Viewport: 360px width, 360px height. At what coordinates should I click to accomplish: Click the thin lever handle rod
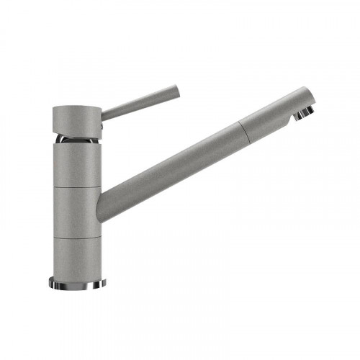pos(140,102)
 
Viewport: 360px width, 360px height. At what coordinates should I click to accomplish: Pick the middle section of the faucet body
pos(76,210)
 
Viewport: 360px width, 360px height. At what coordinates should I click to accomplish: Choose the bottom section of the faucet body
pos(76,256)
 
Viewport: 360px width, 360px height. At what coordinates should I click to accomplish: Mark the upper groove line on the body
pos(76,186)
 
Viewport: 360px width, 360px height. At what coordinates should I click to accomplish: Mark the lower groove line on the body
pos(76,236)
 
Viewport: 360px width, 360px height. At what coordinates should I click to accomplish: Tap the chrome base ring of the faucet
pos(76,282)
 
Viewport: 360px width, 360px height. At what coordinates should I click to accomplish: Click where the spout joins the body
pos(105,204)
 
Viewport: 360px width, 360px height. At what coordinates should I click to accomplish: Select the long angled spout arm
pos(173,162)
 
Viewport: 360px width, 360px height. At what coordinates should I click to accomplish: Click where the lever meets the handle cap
pos(103,114)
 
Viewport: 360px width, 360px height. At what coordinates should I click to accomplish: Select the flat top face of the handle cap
pos(76,107)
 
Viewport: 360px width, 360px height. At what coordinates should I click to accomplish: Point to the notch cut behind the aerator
pos(296,115)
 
